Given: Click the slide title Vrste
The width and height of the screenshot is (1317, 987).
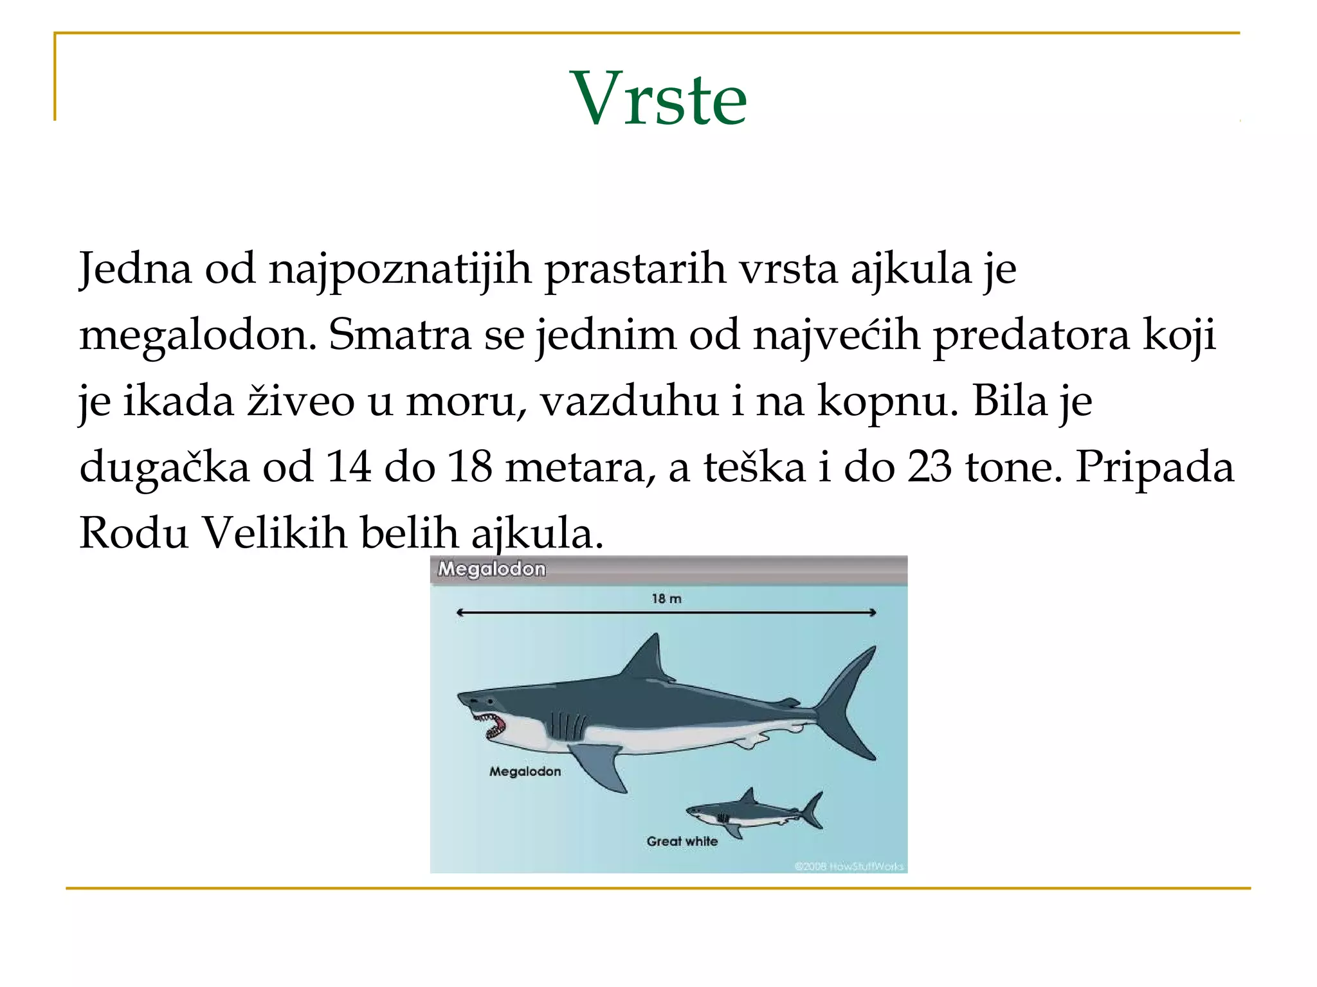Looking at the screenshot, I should click(658, 98).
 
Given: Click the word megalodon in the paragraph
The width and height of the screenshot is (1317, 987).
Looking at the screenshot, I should click(197, 336).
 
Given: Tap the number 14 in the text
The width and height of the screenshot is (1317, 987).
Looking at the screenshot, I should click(349, 467).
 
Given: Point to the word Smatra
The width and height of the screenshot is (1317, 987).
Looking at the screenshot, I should click(400, 335).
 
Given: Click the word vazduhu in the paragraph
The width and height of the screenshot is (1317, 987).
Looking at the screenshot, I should click(628, 401).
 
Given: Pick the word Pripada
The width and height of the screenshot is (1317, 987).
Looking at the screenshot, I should click(1154, 467).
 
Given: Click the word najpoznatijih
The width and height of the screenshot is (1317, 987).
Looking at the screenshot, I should click(400, 269).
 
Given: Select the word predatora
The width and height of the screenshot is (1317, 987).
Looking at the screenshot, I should click(1031, 335).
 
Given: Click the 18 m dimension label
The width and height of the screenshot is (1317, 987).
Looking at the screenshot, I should click(666, 599).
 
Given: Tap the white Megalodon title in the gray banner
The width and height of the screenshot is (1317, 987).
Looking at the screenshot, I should click(491, 569).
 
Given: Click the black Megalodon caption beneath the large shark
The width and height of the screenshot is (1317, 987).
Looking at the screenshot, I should click(525, 771).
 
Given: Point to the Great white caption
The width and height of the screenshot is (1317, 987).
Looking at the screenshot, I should click(682, 841).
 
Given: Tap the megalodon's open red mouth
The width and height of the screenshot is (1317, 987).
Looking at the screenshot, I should click(494, 726).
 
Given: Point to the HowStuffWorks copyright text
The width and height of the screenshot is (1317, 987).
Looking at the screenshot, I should click(849, 866).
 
